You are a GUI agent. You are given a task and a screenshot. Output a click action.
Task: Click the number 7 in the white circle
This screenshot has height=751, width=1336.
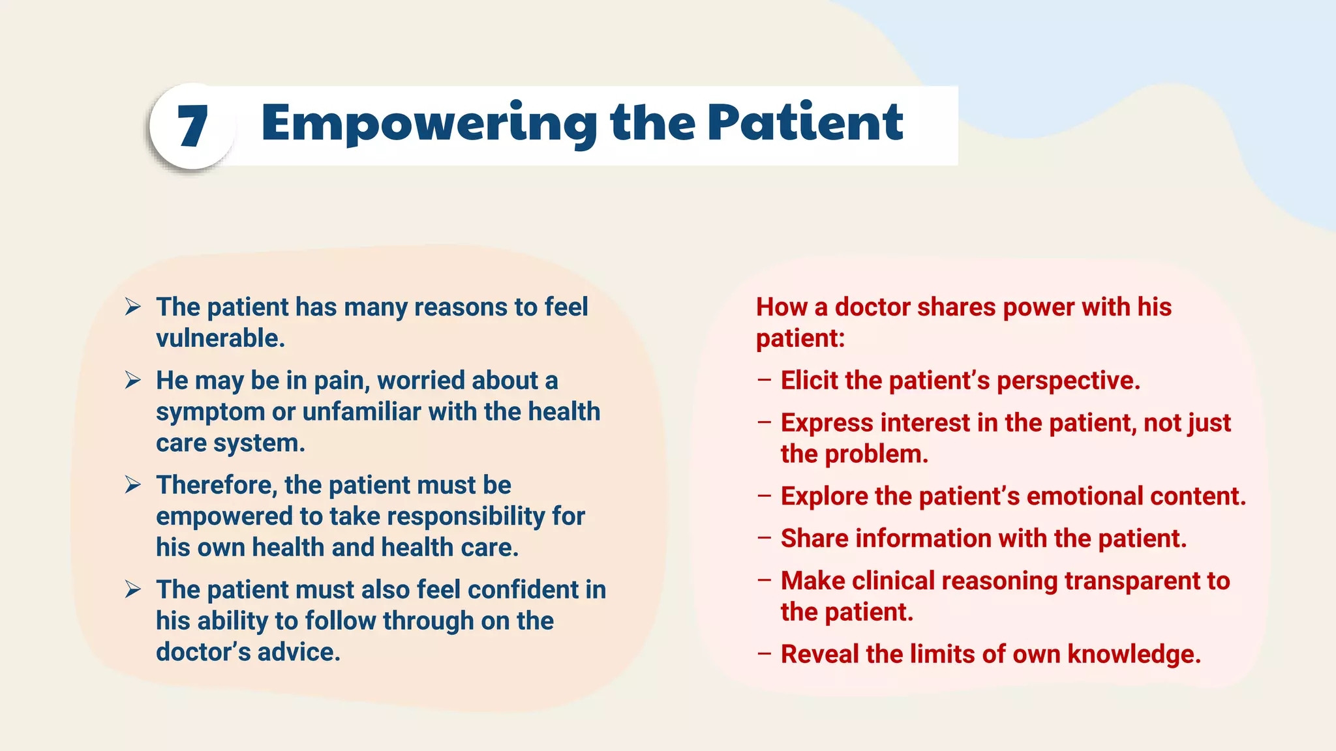coord(192,126)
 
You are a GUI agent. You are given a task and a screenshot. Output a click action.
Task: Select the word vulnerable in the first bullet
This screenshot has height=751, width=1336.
coord(219,338)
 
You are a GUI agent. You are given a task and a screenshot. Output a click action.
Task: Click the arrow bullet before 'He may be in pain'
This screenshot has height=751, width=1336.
coord(133,380)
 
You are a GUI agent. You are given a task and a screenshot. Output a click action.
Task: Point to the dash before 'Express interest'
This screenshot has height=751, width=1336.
coord(765,422)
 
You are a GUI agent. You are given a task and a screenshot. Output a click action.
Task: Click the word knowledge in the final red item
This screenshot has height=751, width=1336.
coord(1134,655)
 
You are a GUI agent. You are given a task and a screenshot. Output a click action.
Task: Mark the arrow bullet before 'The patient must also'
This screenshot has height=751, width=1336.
coord(133,589)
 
